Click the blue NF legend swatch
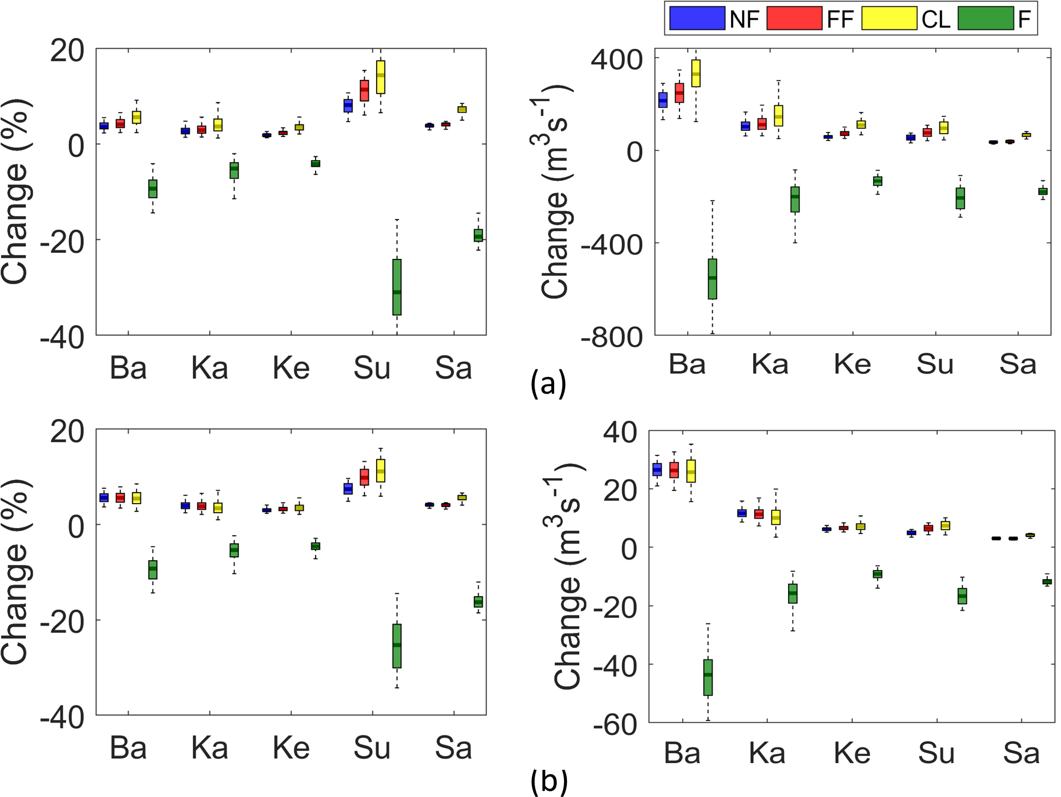[697, 18]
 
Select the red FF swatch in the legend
[794, 18]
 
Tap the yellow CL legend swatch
[889, 18]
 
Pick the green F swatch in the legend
[985, 18]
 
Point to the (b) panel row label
[549, 780]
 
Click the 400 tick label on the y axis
[616, 59]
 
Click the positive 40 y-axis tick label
[620, 432]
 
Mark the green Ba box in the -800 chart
[712, 279]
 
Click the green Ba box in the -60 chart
[708, 677]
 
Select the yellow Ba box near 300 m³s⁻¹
[696, 73]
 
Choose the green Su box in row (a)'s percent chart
[397, 287]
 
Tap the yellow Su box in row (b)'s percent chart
[380, 470]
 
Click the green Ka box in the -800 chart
[795, 199]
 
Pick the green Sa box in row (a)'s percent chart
[478, 235]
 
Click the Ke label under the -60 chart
[852, 753]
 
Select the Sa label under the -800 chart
[1018, 364]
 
